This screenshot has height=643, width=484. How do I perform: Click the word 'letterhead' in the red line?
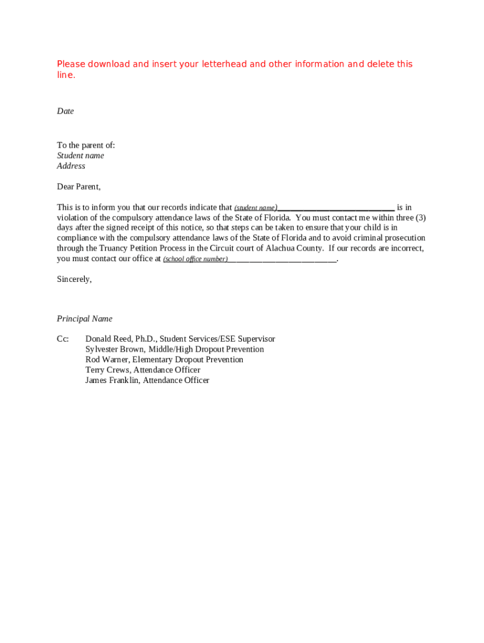coord(226,64)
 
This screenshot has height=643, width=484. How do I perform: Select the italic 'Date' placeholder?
coord(65,111)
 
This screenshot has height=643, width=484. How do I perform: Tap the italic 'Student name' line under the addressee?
coord(80,156)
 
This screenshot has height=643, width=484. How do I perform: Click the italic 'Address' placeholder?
coord(71,166)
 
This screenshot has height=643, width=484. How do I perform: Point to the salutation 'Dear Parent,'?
coord(79,186)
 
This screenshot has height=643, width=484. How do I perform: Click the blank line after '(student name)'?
coord(336,208)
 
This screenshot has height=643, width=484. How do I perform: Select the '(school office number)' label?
coord(195,259)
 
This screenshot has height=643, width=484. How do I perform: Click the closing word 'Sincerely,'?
coord(74,279)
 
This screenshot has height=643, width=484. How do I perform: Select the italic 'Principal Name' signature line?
coord(85,319)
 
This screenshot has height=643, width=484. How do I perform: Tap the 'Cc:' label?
coord(63,339)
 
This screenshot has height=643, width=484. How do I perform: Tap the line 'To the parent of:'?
coord(86,145)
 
